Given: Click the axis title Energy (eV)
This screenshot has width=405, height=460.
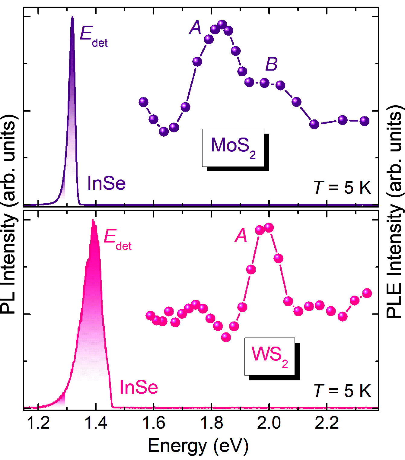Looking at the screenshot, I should [x=198, y=446].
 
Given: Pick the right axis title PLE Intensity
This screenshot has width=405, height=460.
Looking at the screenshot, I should [x=395, y=211].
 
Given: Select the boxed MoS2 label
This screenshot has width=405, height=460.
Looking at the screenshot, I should [x=233, y=148].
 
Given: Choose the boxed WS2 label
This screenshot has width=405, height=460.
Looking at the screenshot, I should [x=269, y=356].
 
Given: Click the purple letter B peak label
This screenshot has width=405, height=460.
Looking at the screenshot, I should [x=271, y=64].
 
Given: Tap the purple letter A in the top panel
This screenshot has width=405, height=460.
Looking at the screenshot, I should [x=196, y=28].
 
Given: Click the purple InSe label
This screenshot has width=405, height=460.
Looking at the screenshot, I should [x=106, y=183].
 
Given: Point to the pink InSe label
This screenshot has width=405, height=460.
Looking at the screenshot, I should [x=139, y=387].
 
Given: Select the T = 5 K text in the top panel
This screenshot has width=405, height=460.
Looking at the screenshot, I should [x=342, y=187].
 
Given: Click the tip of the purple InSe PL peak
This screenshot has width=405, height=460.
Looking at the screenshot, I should [x=72, y=17].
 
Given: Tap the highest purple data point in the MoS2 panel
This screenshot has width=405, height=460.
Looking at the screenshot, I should [x=222, y=24].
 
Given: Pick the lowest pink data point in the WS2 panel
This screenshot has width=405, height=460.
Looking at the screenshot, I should [x=226, y=337].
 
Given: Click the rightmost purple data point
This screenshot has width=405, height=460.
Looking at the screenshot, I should [x=365, y=121].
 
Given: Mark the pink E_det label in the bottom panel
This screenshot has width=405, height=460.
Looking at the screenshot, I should [x=117, y=239].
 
